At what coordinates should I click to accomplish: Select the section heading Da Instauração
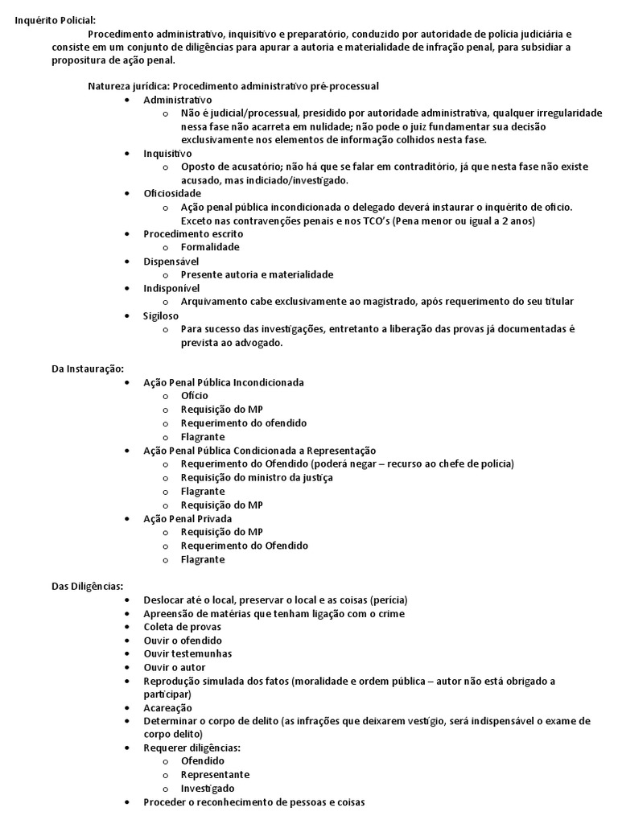pos(88,369)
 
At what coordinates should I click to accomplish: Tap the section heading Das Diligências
pos(87,586)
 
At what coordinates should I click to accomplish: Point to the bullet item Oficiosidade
pos(172,193)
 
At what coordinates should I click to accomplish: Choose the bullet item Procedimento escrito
pos(192,233)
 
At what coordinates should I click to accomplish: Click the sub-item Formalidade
pos(210,247)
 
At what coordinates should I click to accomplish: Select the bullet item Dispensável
pos(171,261)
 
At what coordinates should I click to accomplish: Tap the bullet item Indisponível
pos(171,288)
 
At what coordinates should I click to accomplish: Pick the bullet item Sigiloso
pos(161,315)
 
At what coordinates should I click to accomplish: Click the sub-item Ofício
pos(195,396)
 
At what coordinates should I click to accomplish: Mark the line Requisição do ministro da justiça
pos(257,477)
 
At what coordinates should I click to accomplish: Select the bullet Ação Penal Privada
pos(187,518)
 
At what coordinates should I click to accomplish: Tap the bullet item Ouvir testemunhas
pos(187,654)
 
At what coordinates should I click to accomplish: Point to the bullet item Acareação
pos(167,708)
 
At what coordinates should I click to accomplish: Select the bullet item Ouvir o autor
pos(175,668)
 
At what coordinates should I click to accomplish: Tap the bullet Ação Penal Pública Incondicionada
pos(224,382)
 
